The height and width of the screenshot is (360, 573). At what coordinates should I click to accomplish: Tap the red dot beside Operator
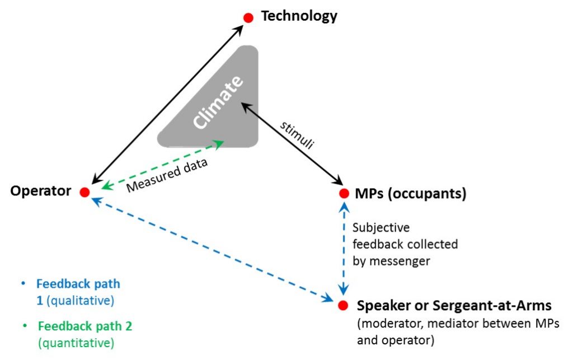[x=84, y=192]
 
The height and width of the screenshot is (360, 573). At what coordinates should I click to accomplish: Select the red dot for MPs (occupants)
[x=344, y=194]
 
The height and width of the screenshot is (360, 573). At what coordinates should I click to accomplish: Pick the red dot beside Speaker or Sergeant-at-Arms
[x=343, y=306]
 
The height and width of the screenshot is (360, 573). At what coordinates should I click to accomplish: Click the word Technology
[x=299, y=16]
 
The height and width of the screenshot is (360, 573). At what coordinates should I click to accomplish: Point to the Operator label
[x=41, y=191]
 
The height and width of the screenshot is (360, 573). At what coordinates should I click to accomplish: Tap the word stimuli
[x=297, y=134]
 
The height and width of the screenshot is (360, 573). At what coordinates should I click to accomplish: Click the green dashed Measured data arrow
[x=162, y=165]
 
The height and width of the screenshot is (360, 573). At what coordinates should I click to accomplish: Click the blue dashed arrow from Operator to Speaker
[x=213, y=249]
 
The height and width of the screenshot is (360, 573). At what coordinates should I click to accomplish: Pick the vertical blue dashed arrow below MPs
[x=344, y=249]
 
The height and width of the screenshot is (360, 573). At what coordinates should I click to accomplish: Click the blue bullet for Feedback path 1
[x=22, y=284]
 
